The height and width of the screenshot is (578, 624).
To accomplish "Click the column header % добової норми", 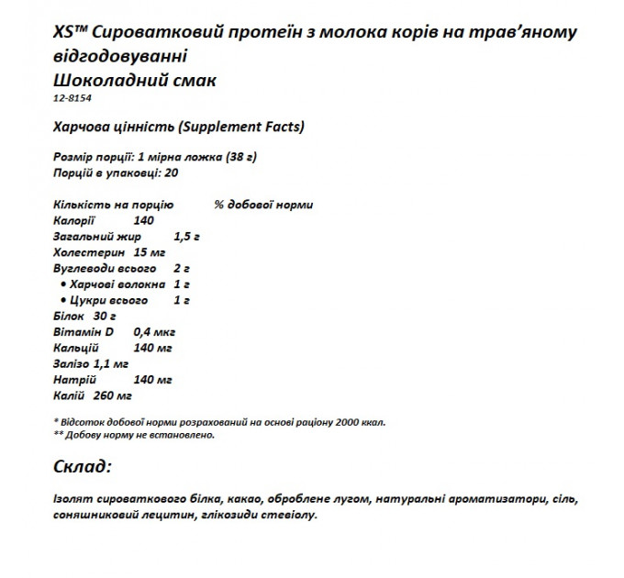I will pyautogui.click(x=262, y=205).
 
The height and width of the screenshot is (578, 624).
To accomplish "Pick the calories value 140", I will pyautogui.click(x=143, y=220).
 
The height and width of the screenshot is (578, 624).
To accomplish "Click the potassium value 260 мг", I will pyautogui.click(x=113, y=395).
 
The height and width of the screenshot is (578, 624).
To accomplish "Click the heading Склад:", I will pyautogui.click(x=82, y=467).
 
